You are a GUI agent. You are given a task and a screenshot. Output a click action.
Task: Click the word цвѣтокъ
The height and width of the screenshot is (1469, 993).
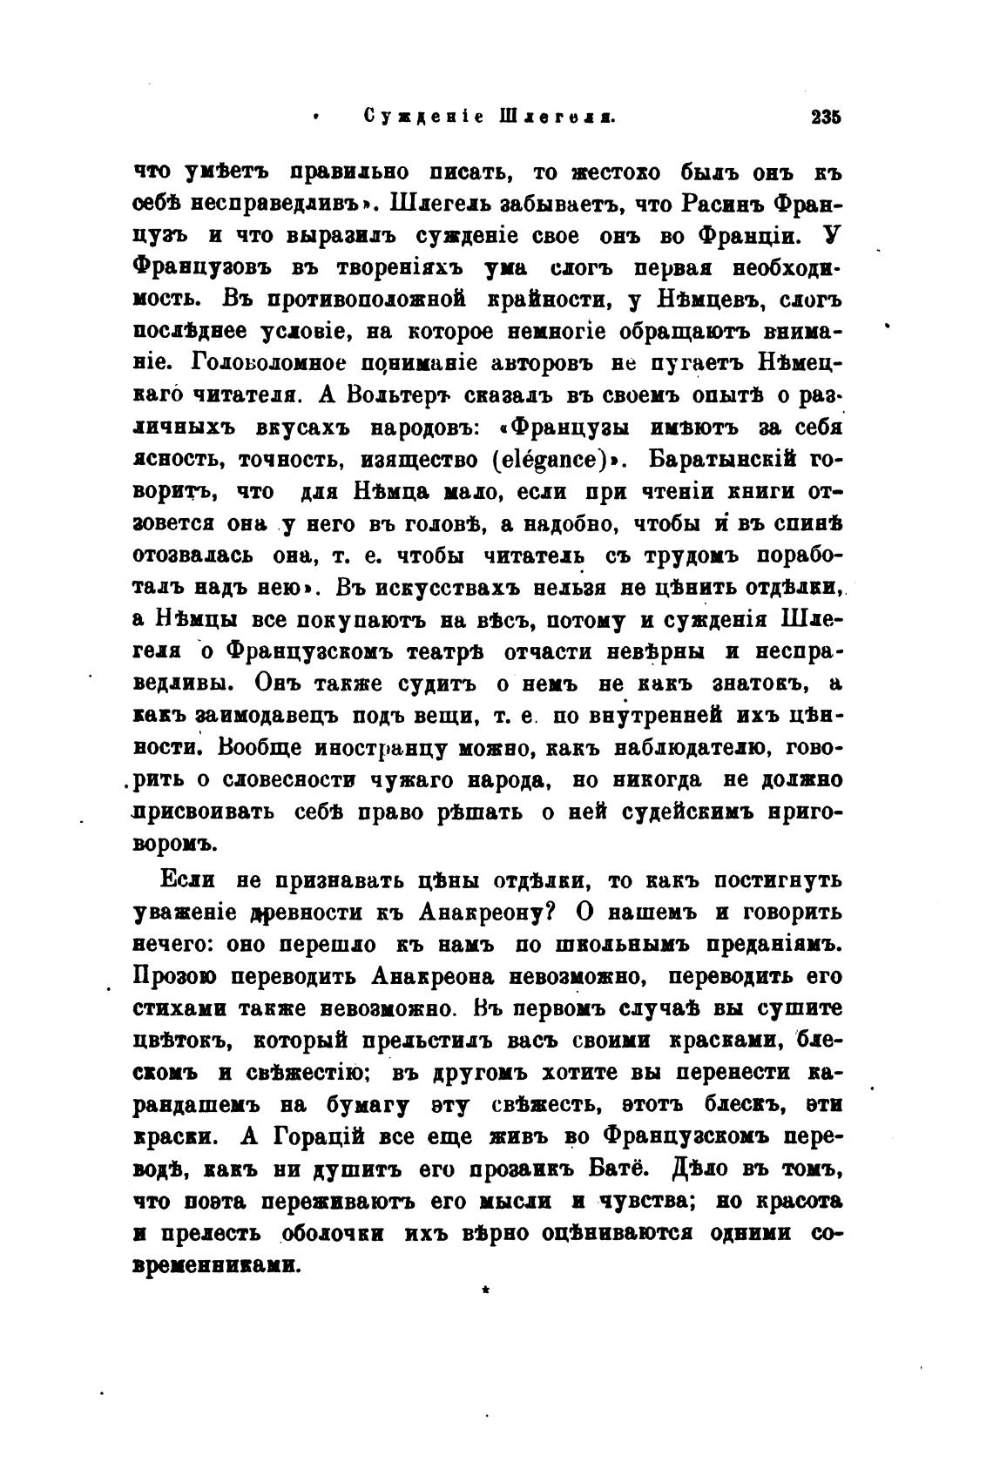tap(181, 1040)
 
